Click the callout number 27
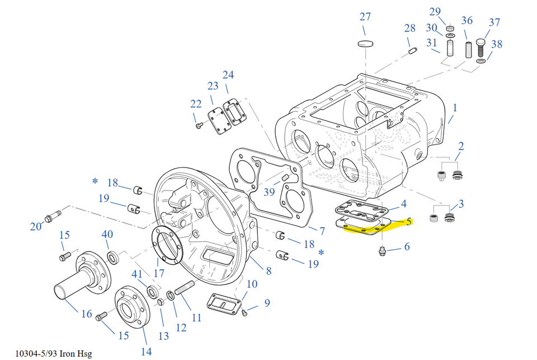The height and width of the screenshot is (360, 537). click(365, 16)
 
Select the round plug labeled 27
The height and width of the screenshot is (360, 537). click(365, 43)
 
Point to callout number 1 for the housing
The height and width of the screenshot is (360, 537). click(455, 106)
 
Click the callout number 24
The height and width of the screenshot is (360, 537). click(228, 74)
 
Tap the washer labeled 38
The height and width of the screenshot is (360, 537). click(481, 60)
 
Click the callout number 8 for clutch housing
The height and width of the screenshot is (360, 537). click(269, 271)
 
